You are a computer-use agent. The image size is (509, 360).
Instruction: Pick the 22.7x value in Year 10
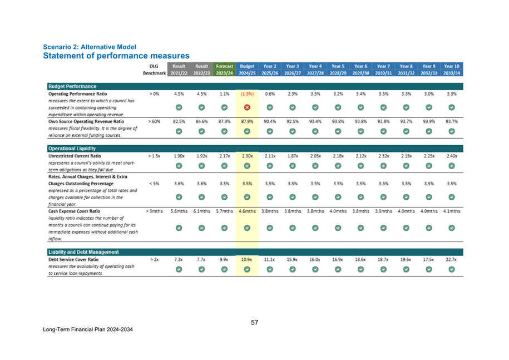(x=452, y=259)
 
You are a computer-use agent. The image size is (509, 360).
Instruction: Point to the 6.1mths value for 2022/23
(x=201, y=211)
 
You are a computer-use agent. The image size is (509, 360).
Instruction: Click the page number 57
(x=254, y=322)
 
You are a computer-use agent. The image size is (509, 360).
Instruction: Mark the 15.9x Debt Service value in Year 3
(x=293, y=259)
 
